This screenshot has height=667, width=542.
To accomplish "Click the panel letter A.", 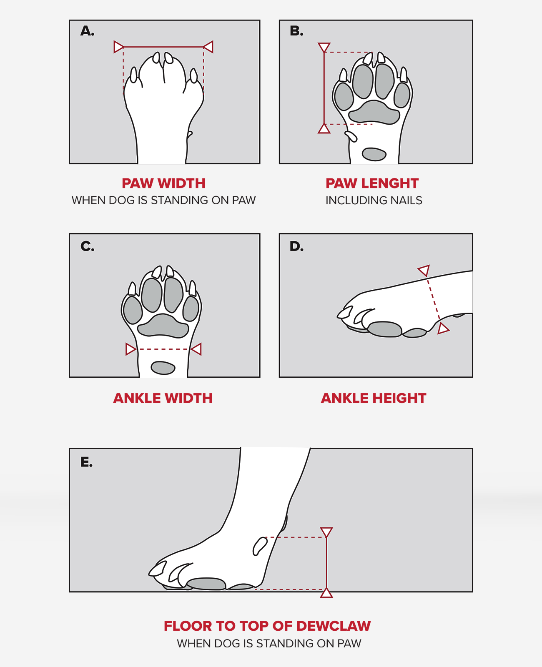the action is click(x=87, y=31).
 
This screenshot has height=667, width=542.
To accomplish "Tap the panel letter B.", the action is click(x=296, y=31).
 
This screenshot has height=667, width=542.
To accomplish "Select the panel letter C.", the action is click(x=88, y=246).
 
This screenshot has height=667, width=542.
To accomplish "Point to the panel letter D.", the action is click(x=296, y=246).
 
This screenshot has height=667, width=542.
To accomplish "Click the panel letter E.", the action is click(x=86, y=462).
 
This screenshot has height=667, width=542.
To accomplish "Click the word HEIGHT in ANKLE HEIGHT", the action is click(x=399, y=398).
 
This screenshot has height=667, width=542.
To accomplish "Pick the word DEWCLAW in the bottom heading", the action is click(x=334, y=626).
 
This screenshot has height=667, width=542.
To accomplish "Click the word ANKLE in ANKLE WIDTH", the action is click(x=137, y=398).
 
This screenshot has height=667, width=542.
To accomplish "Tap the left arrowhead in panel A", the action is click(x=119, y=47).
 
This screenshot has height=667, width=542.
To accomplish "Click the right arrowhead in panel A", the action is click(x=208, y=47).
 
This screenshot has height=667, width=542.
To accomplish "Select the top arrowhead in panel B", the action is click(x=324, y=47).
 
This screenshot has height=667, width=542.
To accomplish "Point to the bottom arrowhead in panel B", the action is click(x=324, y=129).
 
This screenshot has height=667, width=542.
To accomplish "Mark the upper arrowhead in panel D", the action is click(x=424, y=271).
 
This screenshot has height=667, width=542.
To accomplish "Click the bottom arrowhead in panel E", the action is click(x=326, y=593).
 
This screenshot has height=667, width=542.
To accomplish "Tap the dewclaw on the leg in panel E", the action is click(x=260, y=546).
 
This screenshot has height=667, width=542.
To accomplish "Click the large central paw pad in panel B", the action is click(x=374, y=113).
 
